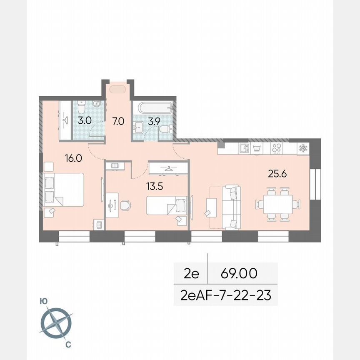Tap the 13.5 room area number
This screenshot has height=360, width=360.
point(154,186)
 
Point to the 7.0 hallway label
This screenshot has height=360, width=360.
point(118,122)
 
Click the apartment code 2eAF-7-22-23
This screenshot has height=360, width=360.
point(226,295)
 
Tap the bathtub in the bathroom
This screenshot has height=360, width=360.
point(153,107)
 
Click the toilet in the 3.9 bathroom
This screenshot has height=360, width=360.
point(165,129)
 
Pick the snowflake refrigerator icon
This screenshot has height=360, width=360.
point(303,148)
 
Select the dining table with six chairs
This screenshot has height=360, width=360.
point(277,205)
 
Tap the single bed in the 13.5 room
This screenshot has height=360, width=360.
point(166,206)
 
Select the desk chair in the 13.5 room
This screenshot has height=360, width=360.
point(125,205)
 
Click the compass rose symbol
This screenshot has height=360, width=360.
point(56,323)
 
